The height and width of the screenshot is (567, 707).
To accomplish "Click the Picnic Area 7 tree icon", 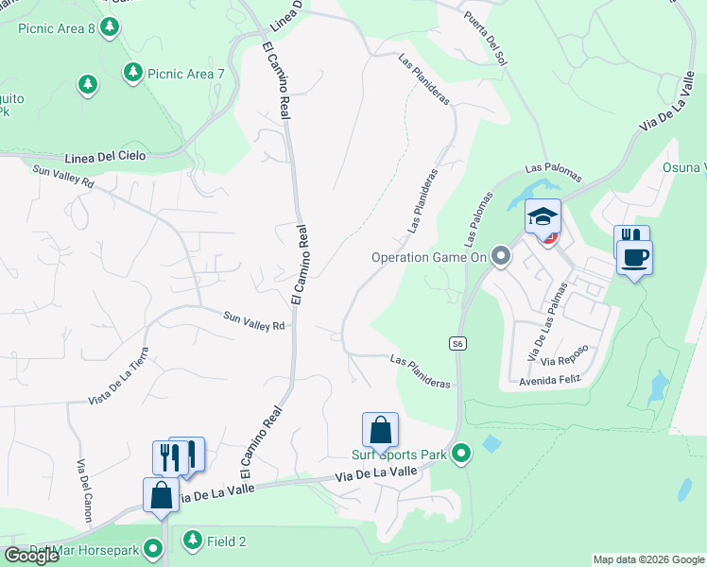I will tap(133, 73).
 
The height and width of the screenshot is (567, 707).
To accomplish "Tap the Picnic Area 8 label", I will tap(57, 28).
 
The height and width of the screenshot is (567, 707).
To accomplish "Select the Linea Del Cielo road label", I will tap(106, 156).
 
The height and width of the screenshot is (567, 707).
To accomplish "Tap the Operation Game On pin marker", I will tap(501, 256).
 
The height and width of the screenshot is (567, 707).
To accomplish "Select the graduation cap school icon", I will tap(543, 216).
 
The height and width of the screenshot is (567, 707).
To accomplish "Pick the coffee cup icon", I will tap(634, 255).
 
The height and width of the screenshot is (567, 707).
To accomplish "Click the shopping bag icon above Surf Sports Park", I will tap(380, 430).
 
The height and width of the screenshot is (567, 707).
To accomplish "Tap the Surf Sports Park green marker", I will tap(461, 455).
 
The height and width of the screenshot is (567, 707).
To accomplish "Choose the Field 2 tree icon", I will tap(193, 541).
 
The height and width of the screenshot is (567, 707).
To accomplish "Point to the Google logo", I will tap(32, 556).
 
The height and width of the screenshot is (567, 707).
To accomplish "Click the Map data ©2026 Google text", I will tap(648, 559).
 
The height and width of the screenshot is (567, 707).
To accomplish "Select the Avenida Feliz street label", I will tap(549, 380).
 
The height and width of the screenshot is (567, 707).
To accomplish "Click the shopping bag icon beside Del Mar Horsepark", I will tap(161, 494).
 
